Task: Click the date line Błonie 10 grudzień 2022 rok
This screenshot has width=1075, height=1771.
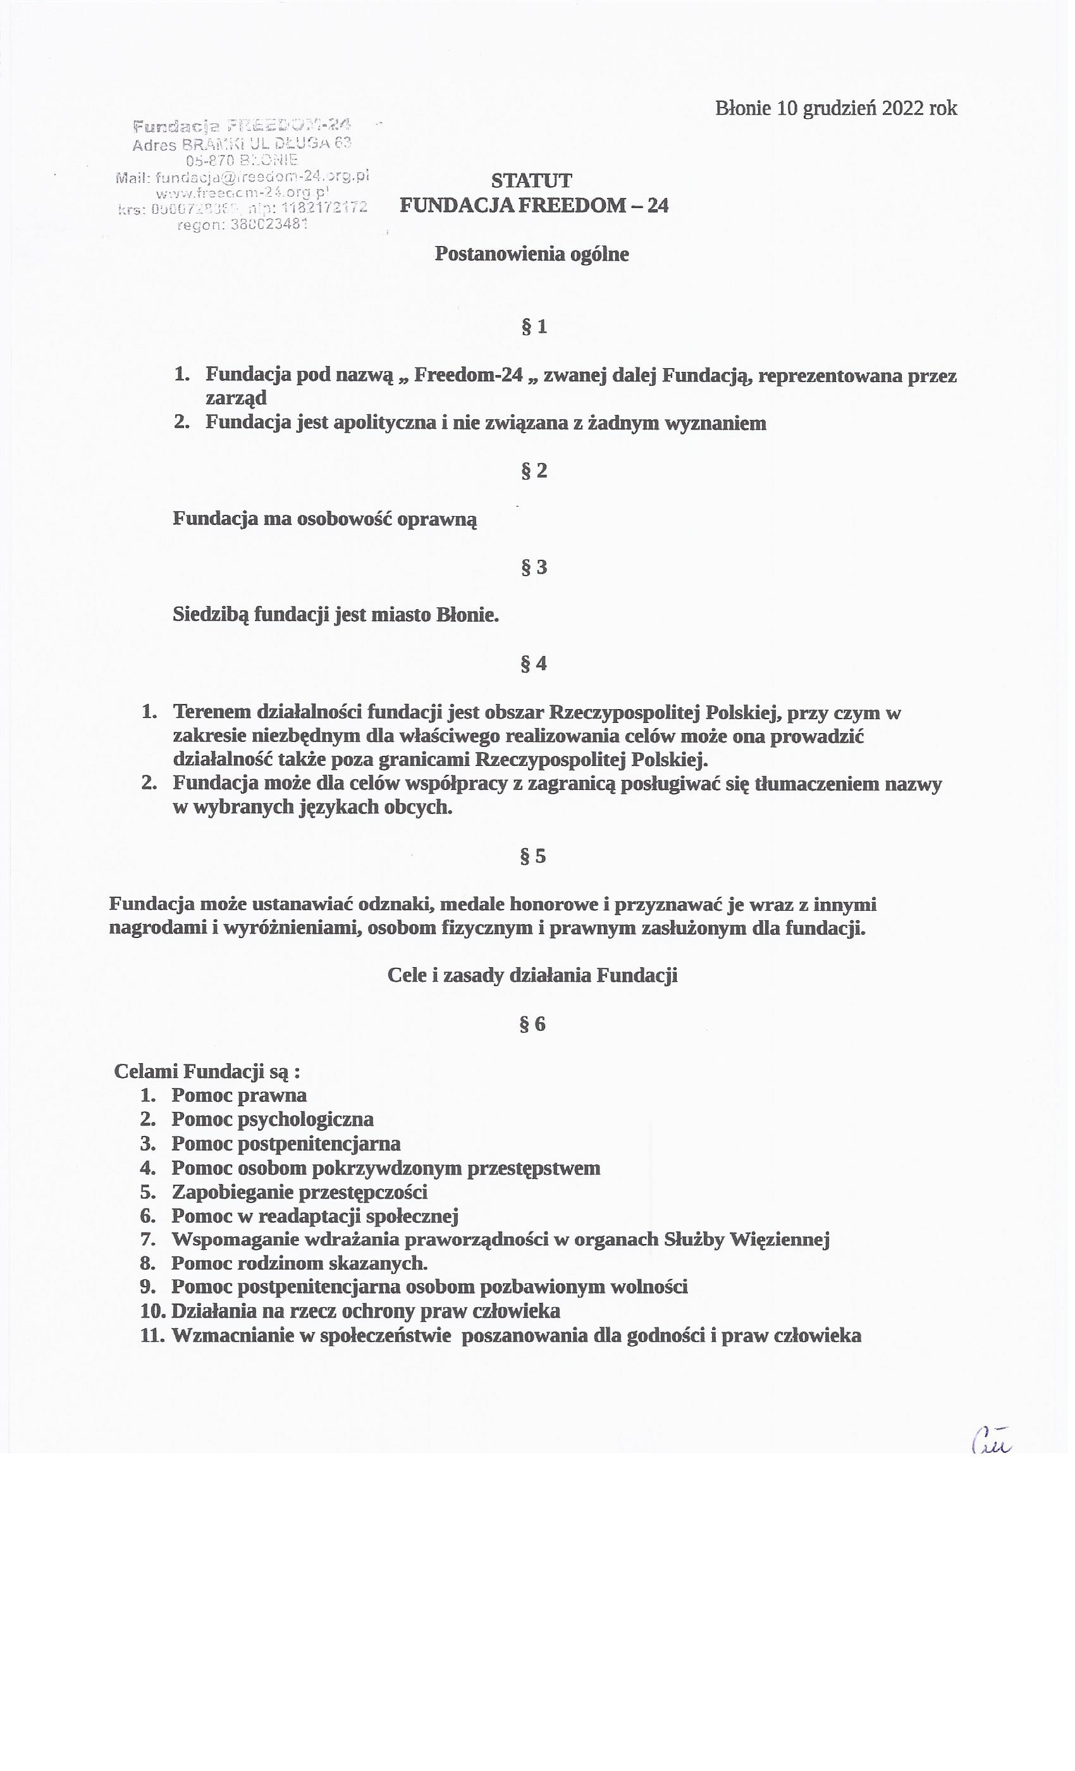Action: [836, 109]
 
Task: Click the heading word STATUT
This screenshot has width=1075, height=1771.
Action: [532, 180]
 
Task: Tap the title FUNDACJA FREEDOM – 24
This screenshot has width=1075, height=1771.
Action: [534, 206]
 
